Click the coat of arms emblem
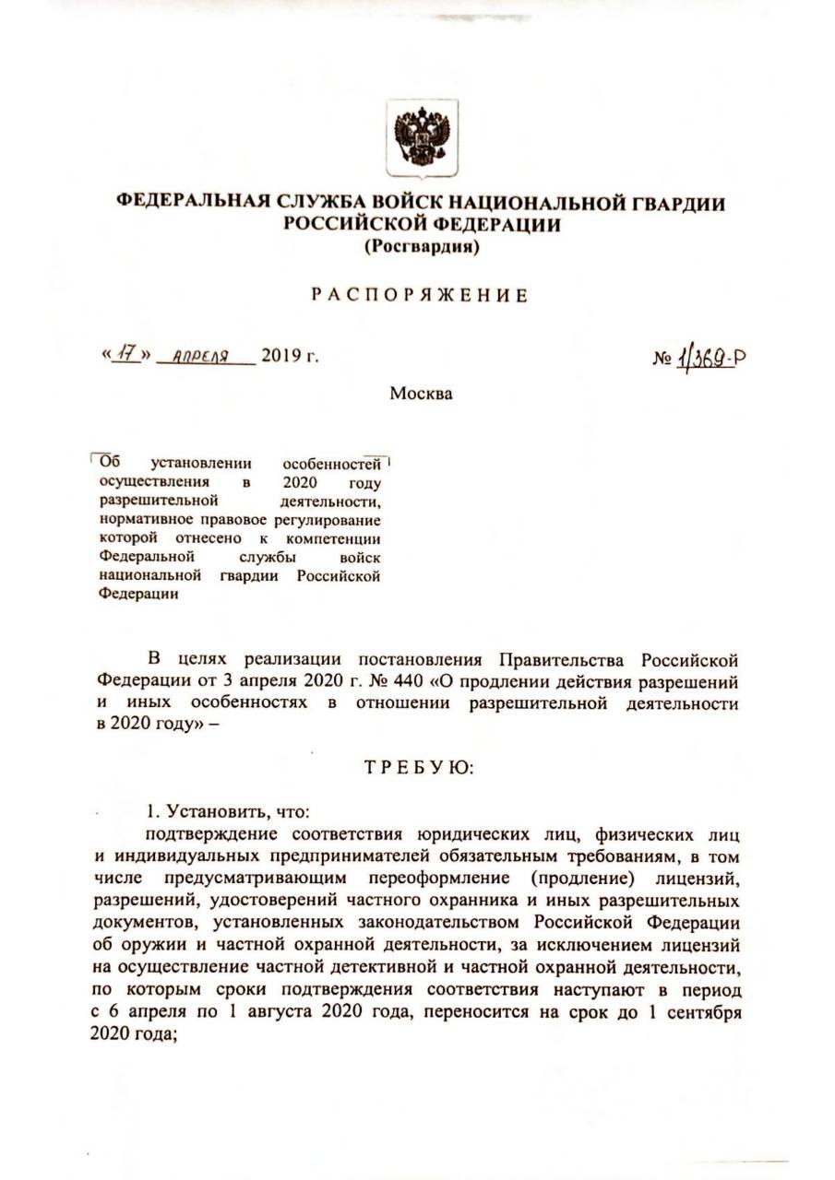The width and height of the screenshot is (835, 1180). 422,136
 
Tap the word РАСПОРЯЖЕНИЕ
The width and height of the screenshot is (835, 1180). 419,296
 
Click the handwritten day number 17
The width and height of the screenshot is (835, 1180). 125,355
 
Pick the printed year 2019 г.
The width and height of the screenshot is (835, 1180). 290,356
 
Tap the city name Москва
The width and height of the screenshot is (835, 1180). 421,394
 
